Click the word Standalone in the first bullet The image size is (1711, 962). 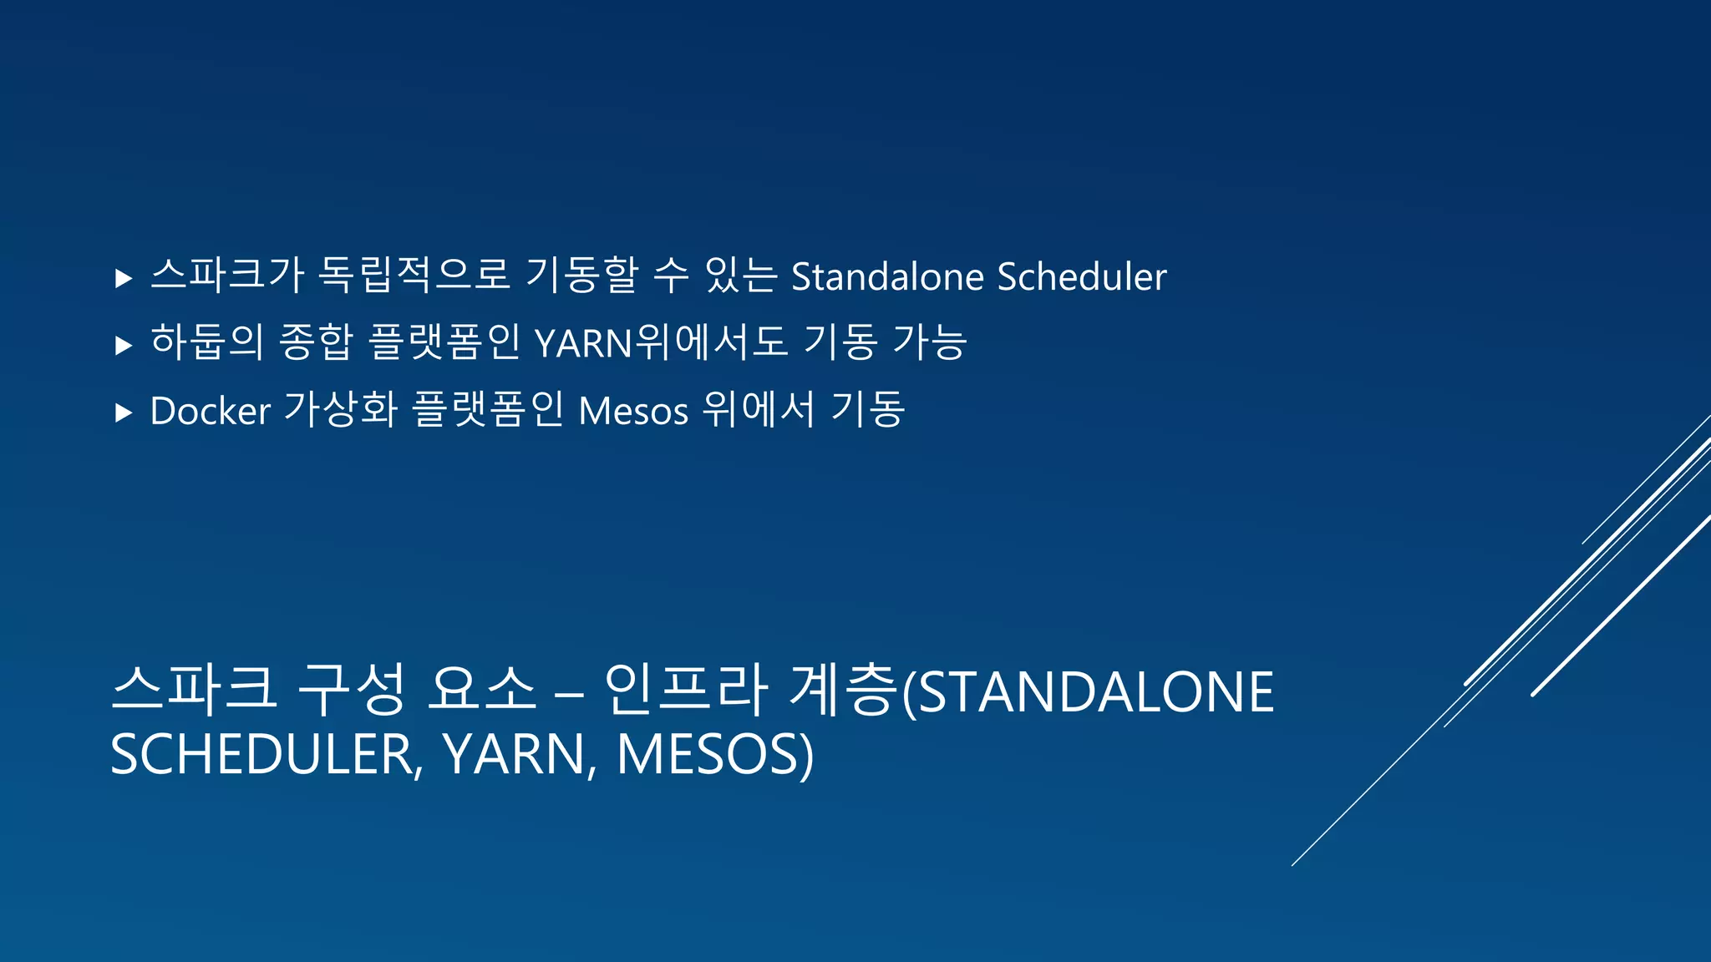pyautogui.click(x=887, y=277)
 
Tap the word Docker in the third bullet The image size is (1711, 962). pyautogui.click(x=210, y=411)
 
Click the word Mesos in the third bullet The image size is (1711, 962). pyautogui.click(x=633, y=411)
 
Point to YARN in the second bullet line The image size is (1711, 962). pyautogui.click(x=583, y=344)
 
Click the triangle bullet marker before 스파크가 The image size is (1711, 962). pyautogui.click(x=124, y=278)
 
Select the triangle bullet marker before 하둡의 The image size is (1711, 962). pyautogui.click(x=124, y=345)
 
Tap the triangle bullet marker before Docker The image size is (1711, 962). pyautogui.click(x=124, y=413)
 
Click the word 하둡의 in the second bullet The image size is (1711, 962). pyautogui.click(x=206, y=342)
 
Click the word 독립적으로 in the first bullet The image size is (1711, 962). pyautogui.click(x=414, y=276)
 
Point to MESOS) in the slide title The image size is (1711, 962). pyautogui.click(x=714, y=754)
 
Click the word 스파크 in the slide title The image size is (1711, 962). pyautogui.click(x=194, y=691)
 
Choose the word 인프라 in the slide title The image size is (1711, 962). pyautogui.click(x=685, y=691)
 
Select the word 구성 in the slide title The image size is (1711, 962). pyautogui.click(x=351, y=691)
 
